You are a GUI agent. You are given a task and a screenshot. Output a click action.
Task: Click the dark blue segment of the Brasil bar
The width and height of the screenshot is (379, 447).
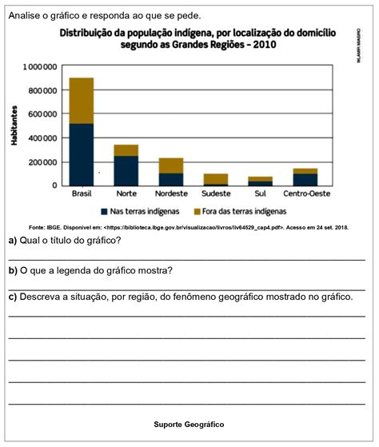pos(82,154)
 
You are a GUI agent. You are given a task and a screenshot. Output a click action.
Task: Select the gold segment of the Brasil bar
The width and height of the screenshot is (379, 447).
pos(82,101)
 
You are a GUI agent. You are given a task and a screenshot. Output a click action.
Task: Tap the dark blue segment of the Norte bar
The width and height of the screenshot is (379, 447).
pos(126,170)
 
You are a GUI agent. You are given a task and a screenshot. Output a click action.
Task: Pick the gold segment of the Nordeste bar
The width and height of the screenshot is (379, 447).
pos(170,166)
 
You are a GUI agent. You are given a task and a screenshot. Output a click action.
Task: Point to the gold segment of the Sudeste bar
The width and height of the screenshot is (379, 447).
pos(215,178)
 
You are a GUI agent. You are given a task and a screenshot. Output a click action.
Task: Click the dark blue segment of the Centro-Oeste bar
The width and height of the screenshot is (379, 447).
pos(305,179)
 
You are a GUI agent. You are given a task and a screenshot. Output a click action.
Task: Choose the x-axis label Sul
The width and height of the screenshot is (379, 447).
pos(261,194)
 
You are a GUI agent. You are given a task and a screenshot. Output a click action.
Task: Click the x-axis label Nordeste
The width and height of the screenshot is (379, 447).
pos(170,194)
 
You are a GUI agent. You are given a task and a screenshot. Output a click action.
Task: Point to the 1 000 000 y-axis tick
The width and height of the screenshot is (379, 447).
pos(40,66)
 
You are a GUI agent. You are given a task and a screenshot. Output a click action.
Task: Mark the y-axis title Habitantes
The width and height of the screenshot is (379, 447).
pos(15,125)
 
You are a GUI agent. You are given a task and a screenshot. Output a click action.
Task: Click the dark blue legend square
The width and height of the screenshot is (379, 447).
pos(105,211)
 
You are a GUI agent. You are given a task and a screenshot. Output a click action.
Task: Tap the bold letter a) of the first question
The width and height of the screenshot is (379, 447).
pos(13,241)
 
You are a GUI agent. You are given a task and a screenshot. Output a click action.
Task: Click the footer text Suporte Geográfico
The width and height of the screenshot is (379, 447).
pos(189,424)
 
